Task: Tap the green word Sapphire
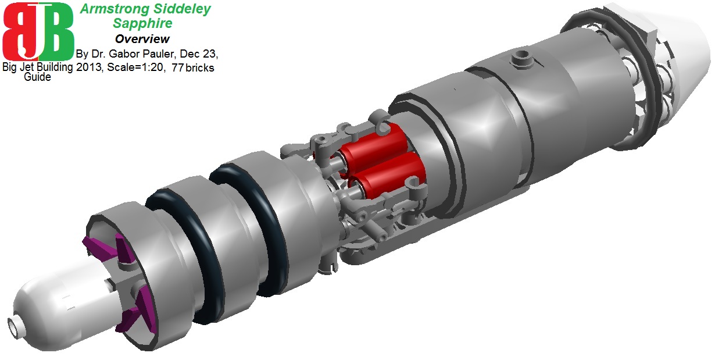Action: pos(142,24)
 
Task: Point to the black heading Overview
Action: pos(142,39)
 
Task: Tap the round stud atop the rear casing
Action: pos(521,57)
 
